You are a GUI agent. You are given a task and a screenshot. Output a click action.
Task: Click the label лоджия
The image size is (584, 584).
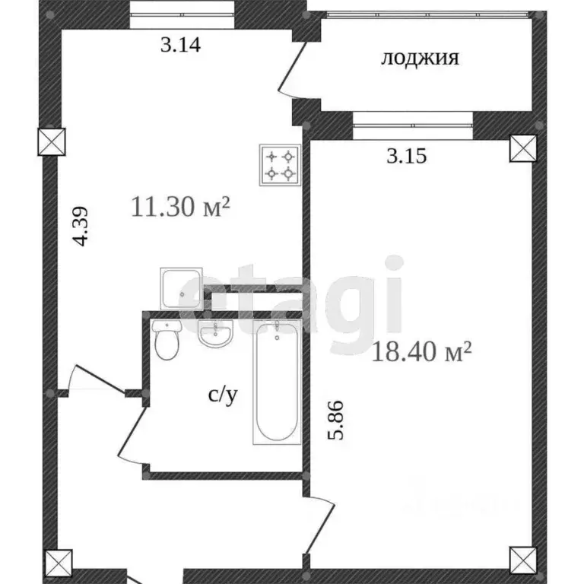[420, 59]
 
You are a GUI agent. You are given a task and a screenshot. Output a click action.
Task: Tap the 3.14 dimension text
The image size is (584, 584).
[180, 45]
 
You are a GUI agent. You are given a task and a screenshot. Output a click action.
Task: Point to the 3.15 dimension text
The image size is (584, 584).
[407, 157]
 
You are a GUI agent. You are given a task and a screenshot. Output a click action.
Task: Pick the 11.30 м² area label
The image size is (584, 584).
[180, 207]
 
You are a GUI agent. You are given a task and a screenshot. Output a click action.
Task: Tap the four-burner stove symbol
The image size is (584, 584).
[279, 165]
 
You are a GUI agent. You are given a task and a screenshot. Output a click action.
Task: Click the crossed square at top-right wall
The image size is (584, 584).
[523, 148]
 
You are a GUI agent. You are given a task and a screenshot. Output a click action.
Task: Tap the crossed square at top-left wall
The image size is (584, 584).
[52, 141]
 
